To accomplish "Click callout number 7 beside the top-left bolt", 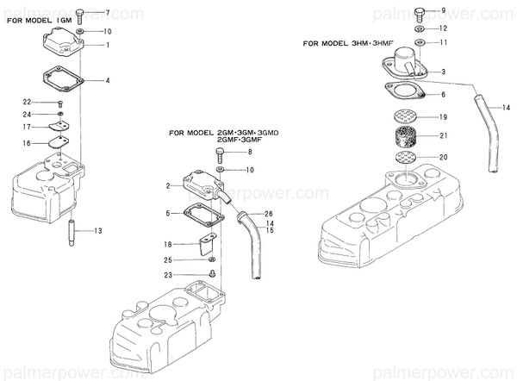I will pos(107,13).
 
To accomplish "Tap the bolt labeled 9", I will pos(419,12).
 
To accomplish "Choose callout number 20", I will pos(444,157).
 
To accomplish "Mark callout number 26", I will pos(269,214).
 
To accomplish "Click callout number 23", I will pos(168,275).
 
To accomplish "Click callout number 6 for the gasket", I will pos(444,93).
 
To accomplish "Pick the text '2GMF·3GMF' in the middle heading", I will pos(239,141).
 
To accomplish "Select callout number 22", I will pos(27,102).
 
